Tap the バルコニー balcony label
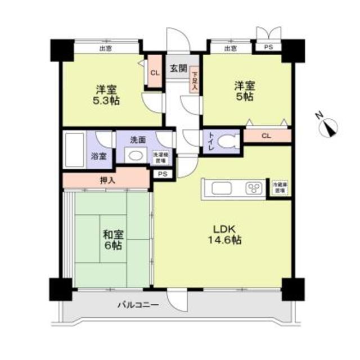point(138,305)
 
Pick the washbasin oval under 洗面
point(132,156)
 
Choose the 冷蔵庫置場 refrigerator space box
point(279,188)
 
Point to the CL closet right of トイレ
point(267,135)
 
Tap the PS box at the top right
point(268,48)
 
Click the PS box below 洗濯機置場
point(163,174)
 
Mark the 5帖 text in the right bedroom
point(245,97)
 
